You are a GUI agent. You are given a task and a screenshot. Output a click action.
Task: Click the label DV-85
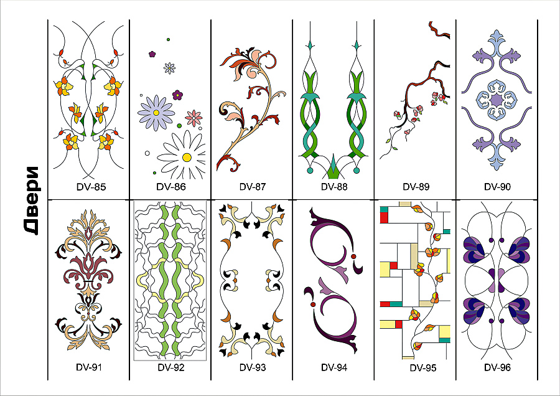[x=91, y=187]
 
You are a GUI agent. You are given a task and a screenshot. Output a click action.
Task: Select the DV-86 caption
[x=171, y=187]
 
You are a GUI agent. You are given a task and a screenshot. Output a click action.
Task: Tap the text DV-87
[x=253, y=187]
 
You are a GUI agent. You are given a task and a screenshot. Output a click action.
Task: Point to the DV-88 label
[x=334, y=187]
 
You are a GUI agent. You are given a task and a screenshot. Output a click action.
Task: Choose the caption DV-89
[x=416, y=187]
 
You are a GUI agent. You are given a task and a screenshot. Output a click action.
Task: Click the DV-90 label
[x=497, y=187]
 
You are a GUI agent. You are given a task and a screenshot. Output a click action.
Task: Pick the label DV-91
[x=89, y=367]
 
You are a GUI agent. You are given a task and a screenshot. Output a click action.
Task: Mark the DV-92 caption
[x=171, y=367]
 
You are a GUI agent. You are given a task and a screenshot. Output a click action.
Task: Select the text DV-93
[x=253, y=367]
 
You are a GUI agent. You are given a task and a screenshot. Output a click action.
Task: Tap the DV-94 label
[x=334, y=367]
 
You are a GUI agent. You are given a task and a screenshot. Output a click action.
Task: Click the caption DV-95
[x=423, y=367]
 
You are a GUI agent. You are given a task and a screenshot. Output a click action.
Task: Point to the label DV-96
[x=497, y=367]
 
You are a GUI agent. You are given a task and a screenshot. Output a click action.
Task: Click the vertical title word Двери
[x=32, y=200]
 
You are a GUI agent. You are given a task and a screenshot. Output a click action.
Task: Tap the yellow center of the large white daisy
[x=187, y=158]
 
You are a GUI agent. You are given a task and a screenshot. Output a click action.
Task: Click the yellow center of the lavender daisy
[x=156, y=113]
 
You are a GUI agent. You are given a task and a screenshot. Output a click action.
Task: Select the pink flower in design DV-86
[x=194, y=118]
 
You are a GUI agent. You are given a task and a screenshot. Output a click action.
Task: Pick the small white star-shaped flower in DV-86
[x=169, y=67]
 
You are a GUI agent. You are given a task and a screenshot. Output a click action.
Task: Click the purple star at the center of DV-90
[x=497, y=100]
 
